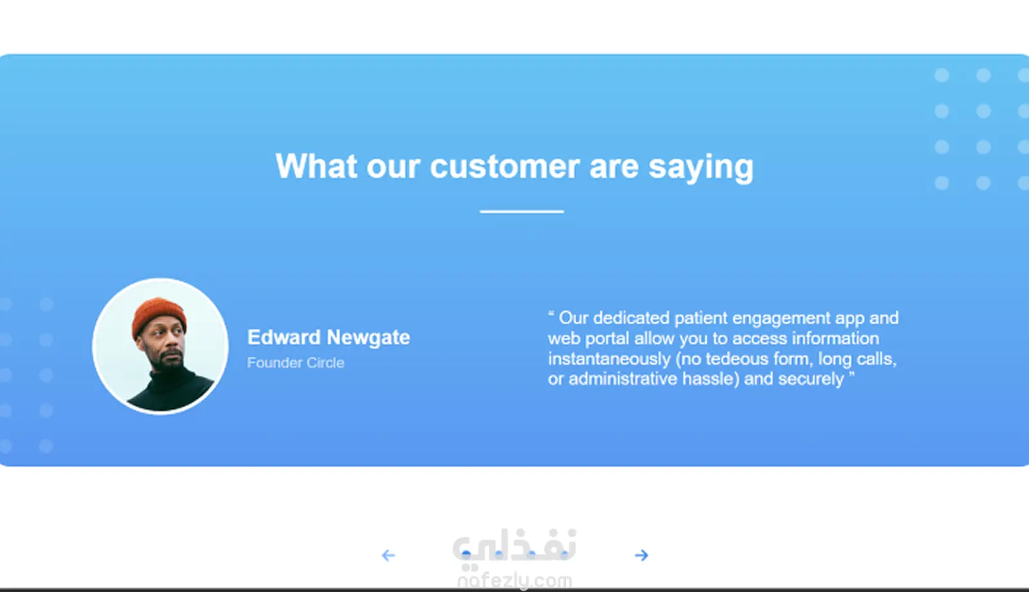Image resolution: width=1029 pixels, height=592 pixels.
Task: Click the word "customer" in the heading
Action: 504,166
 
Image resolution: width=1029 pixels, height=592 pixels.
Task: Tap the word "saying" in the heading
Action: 701,168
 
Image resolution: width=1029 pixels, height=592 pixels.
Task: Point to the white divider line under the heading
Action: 522,212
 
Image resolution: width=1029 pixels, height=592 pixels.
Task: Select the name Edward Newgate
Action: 329,337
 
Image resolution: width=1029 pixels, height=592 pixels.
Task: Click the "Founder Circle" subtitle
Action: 295,363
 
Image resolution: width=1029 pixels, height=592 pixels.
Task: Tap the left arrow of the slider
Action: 388,555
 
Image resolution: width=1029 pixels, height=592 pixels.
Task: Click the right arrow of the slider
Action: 641,555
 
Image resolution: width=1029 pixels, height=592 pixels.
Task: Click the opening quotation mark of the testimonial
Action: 551,313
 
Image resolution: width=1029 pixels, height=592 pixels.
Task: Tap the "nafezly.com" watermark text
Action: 514,581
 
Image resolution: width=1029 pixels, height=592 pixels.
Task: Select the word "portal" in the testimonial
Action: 607,339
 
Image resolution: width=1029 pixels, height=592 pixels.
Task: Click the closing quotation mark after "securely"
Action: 851,375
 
